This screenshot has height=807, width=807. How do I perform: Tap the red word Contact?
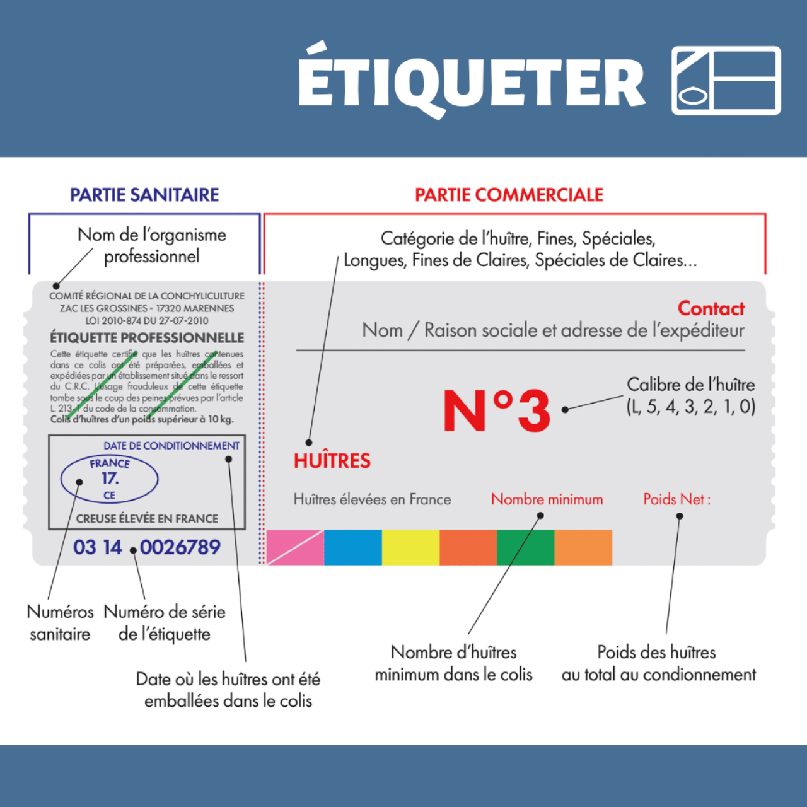tap(711, 309)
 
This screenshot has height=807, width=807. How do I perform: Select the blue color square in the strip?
tap(352, 547)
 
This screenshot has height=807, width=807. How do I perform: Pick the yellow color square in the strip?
tap(410, 547)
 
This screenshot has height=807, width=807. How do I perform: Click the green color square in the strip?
tap(526, 547)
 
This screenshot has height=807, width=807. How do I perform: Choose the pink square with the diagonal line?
tap(295, 547)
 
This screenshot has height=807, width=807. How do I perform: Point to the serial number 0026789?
tap(180, 547)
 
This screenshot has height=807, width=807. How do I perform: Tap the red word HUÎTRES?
tap(332, 461)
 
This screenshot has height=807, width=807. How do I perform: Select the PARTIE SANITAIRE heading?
tap(144, 195)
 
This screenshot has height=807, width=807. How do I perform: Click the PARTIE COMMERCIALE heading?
tap(509, 195)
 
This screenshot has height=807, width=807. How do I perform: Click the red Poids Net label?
tap(676, 499)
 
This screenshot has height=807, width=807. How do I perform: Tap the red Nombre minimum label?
tap(547, 499)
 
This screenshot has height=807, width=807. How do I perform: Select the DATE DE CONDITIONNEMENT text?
tap(171, 446)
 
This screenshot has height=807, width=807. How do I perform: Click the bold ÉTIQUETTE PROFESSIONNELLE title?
tap(146, 338)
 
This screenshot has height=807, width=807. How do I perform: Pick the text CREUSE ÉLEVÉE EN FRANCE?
tap(147, 519)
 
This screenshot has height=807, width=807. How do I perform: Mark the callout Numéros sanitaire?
tap(60, 623)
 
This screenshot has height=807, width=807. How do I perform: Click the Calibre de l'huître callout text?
tap(690, 396)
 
